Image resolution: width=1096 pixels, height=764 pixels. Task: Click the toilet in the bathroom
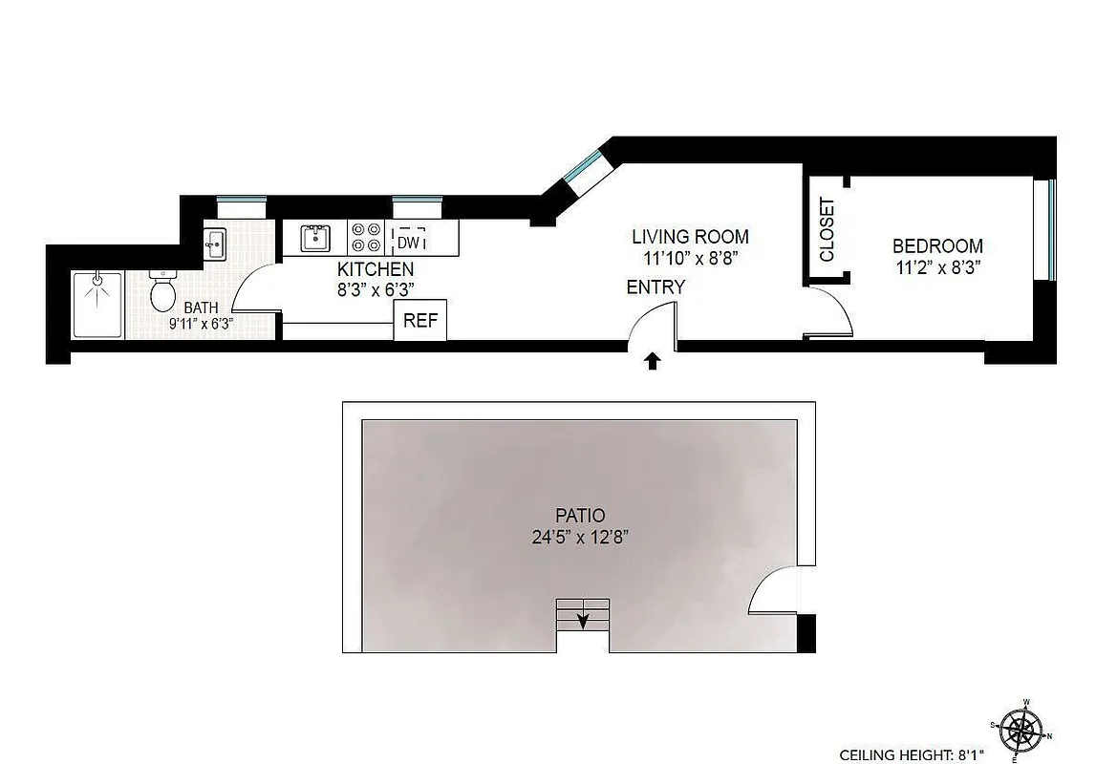(163, 290)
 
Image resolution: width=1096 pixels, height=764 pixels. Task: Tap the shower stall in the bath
(98, 305)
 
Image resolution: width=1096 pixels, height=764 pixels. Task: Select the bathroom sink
(215, 244)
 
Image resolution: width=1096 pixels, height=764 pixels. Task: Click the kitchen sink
(314, 237)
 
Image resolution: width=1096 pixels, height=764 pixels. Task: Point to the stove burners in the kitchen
(366, 237)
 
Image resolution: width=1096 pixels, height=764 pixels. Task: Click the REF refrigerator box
(420, 320)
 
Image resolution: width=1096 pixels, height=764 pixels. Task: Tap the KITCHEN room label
(376, 269)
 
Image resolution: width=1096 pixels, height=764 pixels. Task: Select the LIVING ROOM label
(690, 237)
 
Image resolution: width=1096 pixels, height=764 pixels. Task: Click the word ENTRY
(655, 286)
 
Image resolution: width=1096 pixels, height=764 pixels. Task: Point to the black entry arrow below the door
(654, 360)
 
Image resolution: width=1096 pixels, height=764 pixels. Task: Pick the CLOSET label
(827, 229)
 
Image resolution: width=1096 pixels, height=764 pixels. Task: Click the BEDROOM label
(937, 246)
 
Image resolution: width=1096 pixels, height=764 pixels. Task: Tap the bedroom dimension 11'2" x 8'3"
(938, 268)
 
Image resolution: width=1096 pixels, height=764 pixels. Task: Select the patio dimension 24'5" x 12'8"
(580, 538)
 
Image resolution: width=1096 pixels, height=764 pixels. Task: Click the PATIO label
(580, 516)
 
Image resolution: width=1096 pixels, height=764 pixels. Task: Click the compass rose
(1023, 728)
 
